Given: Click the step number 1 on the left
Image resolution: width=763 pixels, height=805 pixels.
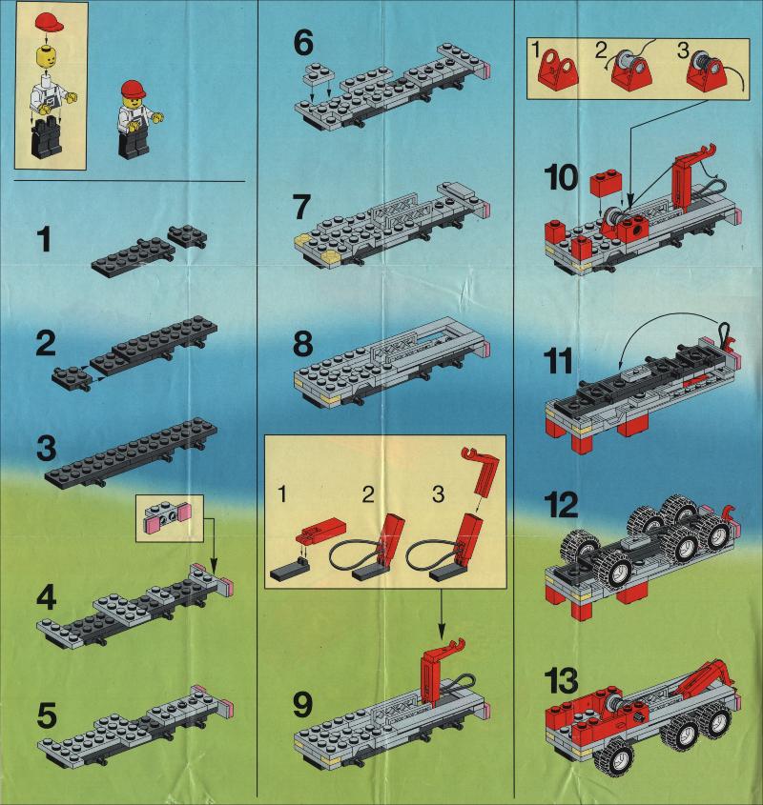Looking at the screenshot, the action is click(x=45, y=240).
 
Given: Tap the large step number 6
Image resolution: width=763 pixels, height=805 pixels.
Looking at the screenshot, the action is click(x=303, y=43).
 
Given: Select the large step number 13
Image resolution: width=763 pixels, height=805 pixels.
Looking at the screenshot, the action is click(x=561, y=681).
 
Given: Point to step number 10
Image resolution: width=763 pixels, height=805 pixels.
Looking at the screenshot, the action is click(x=561, y=178).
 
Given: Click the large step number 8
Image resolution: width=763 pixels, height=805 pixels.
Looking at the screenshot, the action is click(x=303, y=344).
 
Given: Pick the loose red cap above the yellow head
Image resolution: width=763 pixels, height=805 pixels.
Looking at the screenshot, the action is click(x=49, y=22).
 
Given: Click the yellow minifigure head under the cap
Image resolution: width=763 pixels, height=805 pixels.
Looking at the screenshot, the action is click(x=49, y=56).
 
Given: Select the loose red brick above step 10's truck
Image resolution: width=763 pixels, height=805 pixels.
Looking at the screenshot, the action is click(x=607, y=184).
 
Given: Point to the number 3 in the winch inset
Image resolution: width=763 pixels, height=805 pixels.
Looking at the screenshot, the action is click(x=682, y=50).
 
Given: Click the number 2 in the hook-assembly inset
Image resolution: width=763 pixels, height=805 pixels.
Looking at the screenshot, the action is click(x=368, y=494).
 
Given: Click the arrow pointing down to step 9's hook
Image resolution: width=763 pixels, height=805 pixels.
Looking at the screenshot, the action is click(x=441, y=613).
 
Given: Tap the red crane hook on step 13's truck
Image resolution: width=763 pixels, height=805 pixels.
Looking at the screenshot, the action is click(x=707, y=677).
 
